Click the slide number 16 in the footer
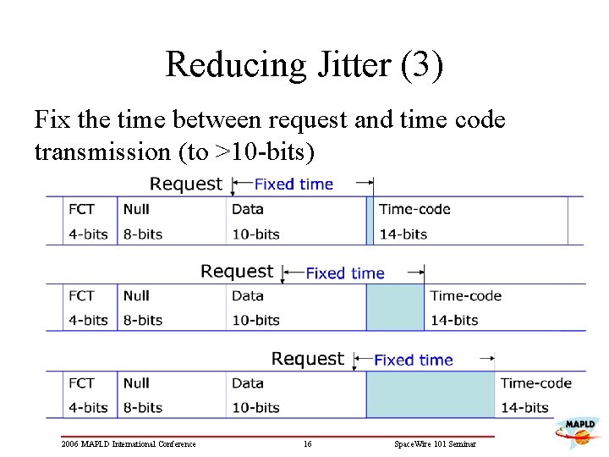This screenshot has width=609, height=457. (x=308, y=444)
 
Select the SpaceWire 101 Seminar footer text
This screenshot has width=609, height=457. (x=435, y=444)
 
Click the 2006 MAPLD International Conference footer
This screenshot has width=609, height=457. (x=129, y=444)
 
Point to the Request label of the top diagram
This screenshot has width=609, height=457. (x=186, y=184)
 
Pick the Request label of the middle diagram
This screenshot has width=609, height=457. (x=237, y=272)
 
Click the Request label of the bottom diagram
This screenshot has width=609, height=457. (x=308, y=359)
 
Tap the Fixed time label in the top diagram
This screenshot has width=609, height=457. (x=294, y=184)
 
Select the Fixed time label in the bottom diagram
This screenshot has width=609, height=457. (x=413, y=360)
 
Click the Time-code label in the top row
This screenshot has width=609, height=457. (x=414, y=209)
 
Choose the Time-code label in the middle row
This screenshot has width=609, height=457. (x=465, y=295)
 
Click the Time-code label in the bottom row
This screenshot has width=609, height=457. (x=536, y=383)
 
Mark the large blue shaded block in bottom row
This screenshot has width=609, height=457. (x=430, y=394)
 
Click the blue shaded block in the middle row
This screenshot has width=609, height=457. (x=395, y=307)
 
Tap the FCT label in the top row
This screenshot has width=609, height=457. (x=82, y=209)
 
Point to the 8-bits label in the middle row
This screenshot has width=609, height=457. (x=142, y=320)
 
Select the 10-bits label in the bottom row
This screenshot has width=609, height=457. (x=255, y=407)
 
